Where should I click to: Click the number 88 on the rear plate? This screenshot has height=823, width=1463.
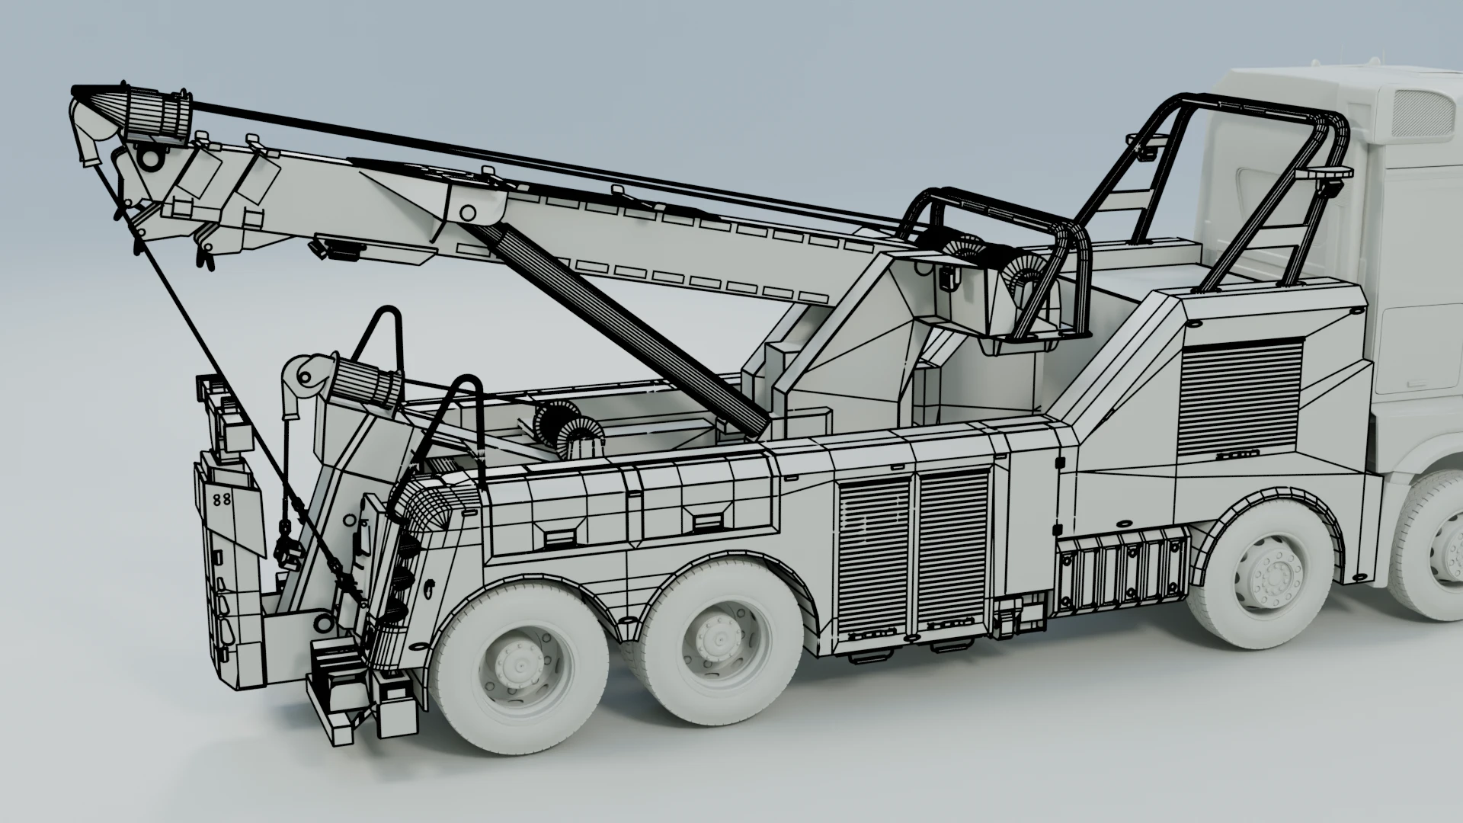click(222, 500)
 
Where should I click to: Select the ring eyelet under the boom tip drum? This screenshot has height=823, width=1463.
click(150, 159)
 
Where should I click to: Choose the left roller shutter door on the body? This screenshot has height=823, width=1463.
click(875, 556)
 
